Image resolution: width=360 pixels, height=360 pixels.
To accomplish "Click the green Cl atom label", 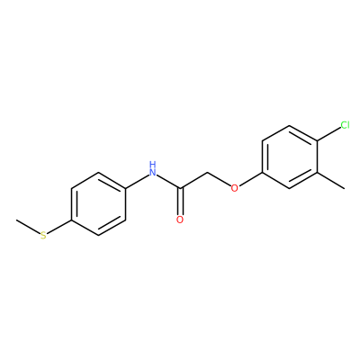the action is coord(345,125).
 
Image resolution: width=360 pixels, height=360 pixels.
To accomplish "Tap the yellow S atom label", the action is coord(44,236).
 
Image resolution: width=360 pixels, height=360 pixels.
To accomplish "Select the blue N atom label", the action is coord(153,172).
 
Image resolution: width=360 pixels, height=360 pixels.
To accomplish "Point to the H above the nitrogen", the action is coord(153,164).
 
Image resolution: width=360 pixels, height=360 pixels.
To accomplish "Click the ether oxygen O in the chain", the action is coord(235,188).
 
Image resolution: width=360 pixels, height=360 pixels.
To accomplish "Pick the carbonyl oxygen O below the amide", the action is coord(180,220).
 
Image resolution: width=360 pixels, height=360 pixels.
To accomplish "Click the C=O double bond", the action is coord(180,202).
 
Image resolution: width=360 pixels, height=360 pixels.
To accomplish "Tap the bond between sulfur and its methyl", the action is coord(28,227).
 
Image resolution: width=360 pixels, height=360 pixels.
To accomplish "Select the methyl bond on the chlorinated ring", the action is coord(330,180).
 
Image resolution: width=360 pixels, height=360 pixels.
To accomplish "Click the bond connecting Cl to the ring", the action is coord(328,134).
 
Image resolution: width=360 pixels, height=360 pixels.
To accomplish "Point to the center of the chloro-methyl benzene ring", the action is coord(290,157).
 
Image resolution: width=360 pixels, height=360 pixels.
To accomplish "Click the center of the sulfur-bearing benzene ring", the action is coord(98,204).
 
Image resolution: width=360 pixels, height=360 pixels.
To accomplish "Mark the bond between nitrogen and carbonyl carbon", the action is coord(168,181).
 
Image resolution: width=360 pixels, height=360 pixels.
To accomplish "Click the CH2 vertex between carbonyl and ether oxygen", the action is coord(208,173).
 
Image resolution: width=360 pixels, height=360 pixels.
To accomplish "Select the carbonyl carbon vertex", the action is coord(180,188).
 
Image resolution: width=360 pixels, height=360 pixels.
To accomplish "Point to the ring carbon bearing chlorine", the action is coord(317,140).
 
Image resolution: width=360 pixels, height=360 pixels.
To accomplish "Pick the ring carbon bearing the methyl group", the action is coord(317,173).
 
